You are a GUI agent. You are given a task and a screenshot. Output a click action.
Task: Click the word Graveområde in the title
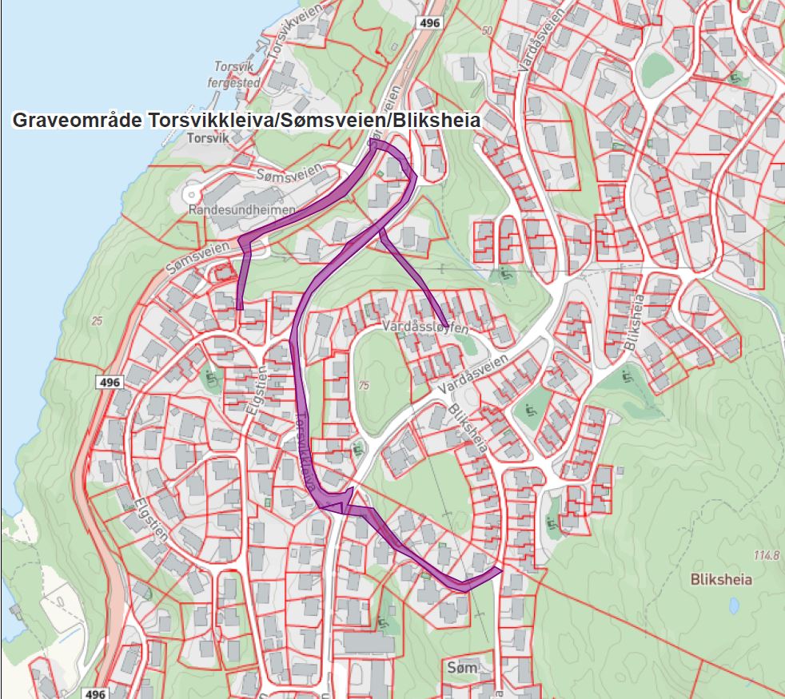point(78,121)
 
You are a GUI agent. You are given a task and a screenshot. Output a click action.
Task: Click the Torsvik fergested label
point(234,74)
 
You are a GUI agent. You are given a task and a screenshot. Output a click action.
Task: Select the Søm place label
point(462,667)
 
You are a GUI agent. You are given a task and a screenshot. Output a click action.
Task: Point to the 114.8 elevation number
point(765,555)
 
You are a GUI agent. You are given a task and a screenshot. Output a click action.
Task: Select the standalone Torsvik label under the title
point(206,138)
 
